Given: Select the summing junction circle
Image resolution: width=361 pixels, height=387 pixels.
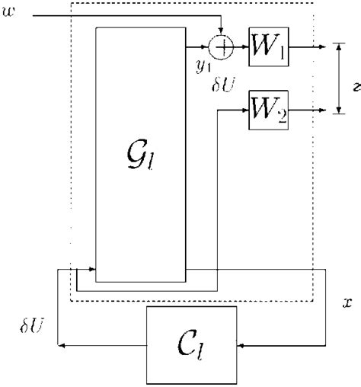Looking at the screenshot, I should point(222,48).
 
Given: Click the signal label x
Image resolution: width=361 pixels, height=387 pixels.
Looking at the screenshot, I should point(347,302).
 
